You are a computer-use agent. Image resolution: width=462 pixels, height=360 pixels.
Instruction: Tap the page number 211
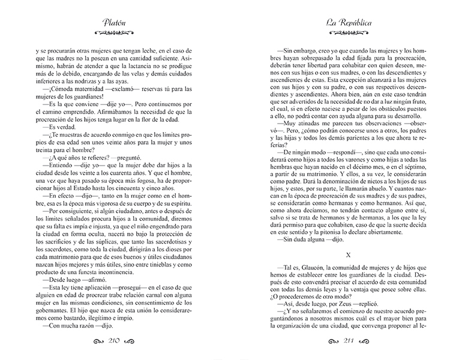pos(349,341)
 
